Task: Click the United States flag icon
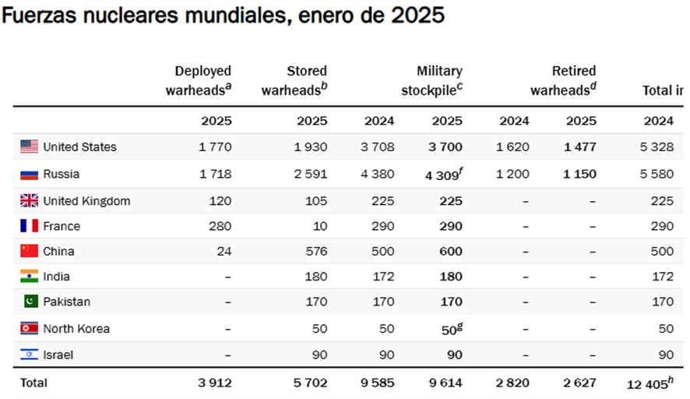click(x=29, y=147)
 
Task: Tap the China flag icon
click(x=29, y=251)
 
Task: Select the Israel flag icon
click(x=29, y=355)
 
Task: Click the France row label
click(x=62, y=226)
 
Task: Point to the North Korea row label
click(x=76, y=328)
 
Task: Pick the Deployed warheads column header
click(x=199, y=81)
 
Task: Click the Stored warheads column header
click(x=294, y=81)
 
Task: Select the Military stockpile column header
click(x=432, y=81)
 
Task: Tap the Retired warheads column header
click(x=564, y=81)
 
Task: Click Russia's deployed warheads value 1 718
click(x=215, y=174)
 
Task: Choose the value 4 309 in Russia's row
click(x=441, y=175)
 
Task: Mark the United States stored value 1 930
click(x=311, y=147)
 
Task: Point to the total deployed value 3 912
click(x=215, y=383)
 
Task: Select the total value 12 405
click(x=649, y=383)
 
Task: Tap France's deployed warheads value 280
click(x=221, y=226)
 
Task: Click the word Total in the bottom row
click(x=33, y=383)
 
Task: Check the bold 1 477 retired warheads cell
click(x=580, y=147)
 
